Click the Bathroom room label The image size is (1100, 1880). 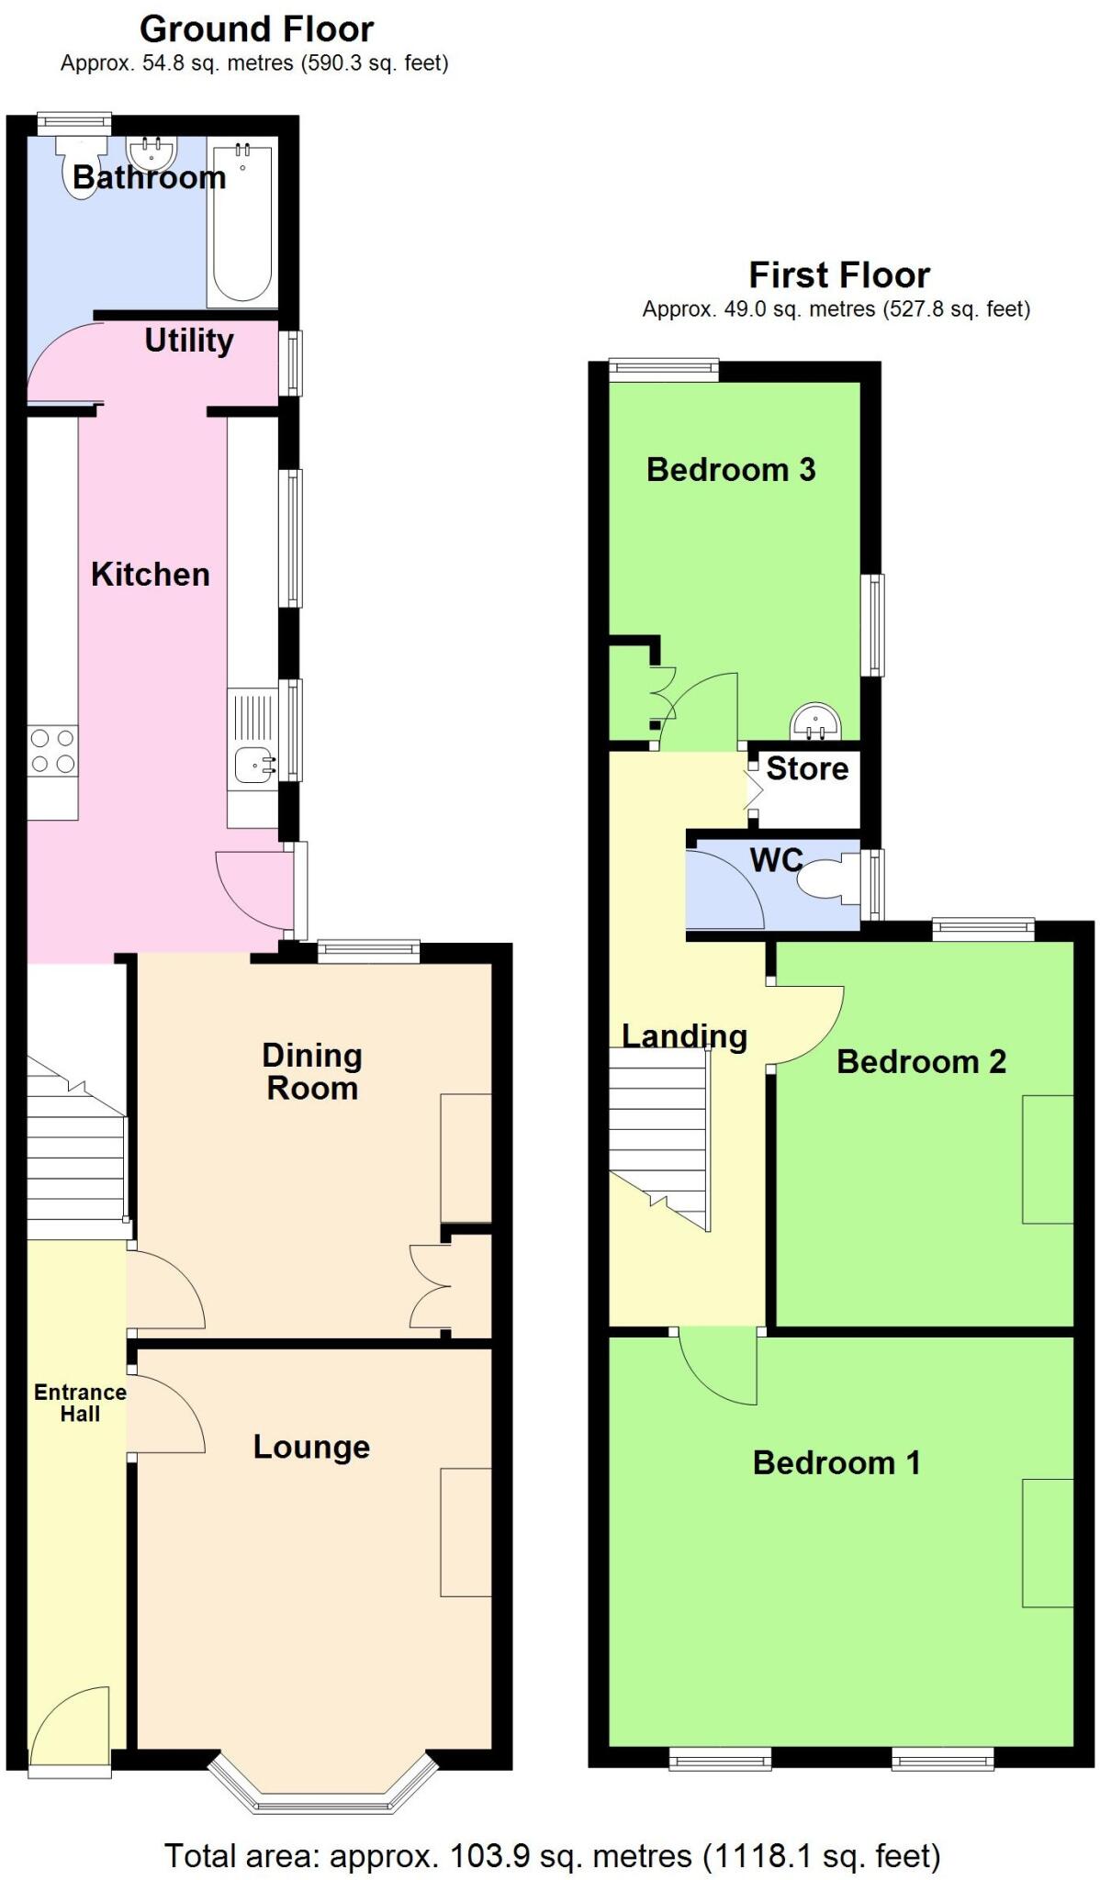149,177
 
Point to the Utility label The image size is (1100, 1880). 189,341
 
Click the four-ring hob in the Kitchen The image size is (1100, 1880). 52,750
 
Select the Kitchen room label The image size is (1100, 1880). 151,575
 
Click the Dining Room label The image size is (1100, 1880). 312,1071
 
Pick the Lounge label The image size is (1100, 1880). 311,1447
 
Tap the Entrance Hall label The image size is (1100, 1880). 80,1403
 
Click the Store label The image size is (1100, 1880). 807,768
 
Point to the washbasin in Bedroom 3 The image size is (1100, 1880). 815,721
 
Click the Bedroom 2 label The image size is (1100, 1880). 921,1062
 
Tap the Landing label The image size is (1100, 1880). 684,1036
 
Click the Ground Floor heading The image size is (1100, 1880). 256,30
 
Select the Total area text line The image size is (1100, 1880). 552,1855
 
